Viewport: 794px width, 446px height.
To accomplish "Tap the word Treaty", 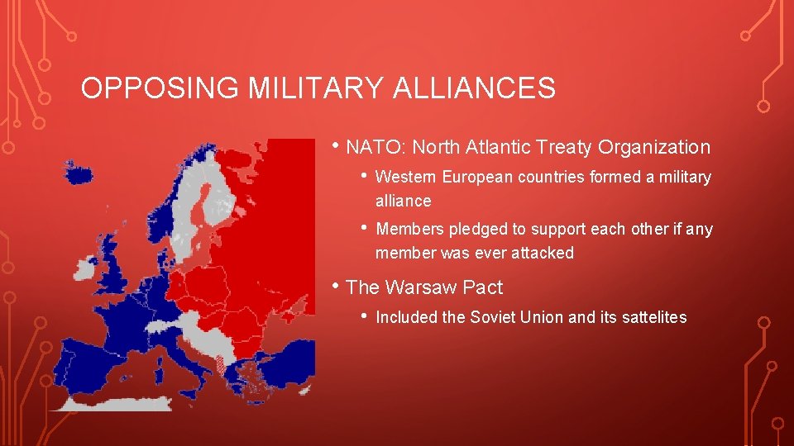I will click(x=571, y=148).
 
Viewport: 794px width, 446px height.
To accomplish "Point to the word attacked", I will click(x=543, y=254).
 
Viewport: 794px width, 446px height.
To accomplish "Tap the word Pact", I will click(x=483, y=288).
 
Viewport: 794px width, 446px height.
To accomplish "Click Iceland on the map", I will click(x=79, y=174).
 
